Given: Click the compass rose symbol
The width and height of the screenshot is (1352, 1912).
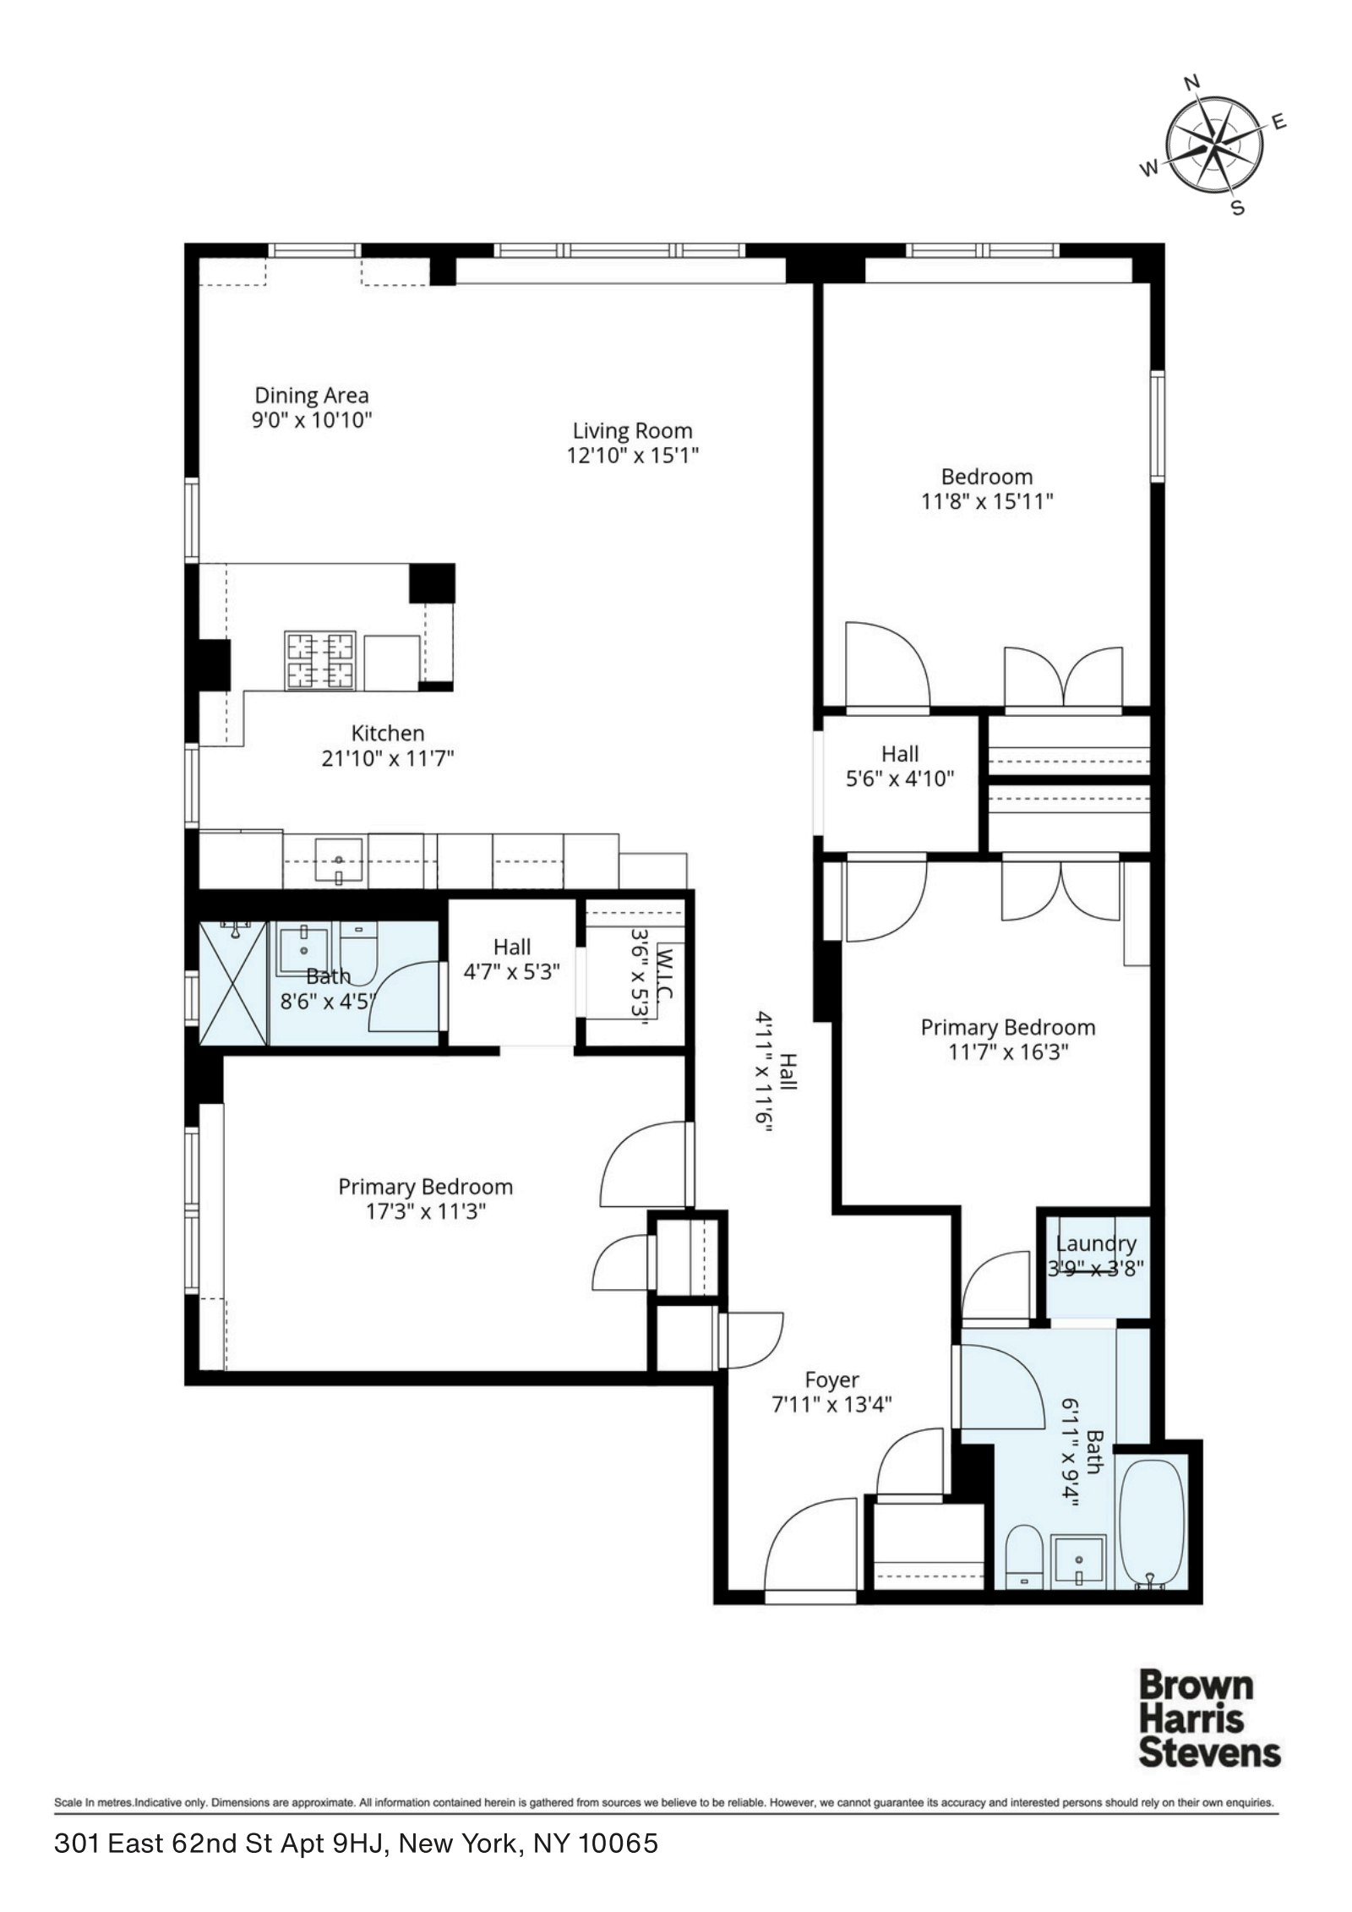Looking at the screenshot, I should pyautogui.click(x=1214, y=146).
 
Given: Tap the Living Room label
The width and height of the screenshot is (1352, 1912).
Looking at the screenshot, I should pyautogui.click(x=632, y=431).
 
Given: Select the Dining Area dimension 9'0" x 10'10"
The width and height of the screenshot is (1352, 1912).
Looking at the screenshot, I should pyautogui.click(x=312, y=420).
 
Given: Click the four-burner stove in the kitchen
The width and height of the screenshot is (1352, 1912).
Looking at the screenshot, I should pyautogui.click(x=319, y=660).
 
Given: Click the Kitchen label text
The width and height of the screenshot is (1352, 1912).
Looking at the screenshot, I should pyautogui.click(x=388, y=733).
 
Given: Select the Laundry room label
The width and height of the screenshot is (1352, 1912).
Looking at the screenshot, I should pyautogui.click(x=1096, y=1243).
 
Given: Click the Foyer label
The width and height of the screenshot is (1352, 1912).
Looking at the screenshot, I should pyautogui.click(x=831, y=1379).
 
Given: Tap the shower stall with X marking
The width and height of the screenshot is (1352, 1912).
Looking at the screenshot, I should pyautogui.click(x=232, y=983).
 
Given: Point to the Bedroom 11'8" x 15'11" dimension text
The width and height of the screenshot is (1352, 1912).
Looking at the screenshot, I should pyautogui.click(x=987, y=501).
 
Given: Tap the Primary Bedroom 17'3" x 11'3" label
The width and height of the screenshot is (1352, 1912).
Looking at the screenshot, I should pyautogui.click(x=425, y=1187).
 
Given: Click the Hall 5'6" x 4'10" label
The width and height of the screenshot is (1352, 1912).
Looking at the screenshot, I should pyautogui.click(x=900, y=753).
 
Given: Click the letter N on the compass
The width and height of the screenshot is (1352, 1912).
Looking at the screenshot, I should pyautogui.click(x=1192, y=82).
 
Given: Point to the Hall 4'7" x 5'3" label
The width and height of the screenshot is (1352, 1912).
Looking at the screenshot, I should pyautogui.click(x=512, y=947).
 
